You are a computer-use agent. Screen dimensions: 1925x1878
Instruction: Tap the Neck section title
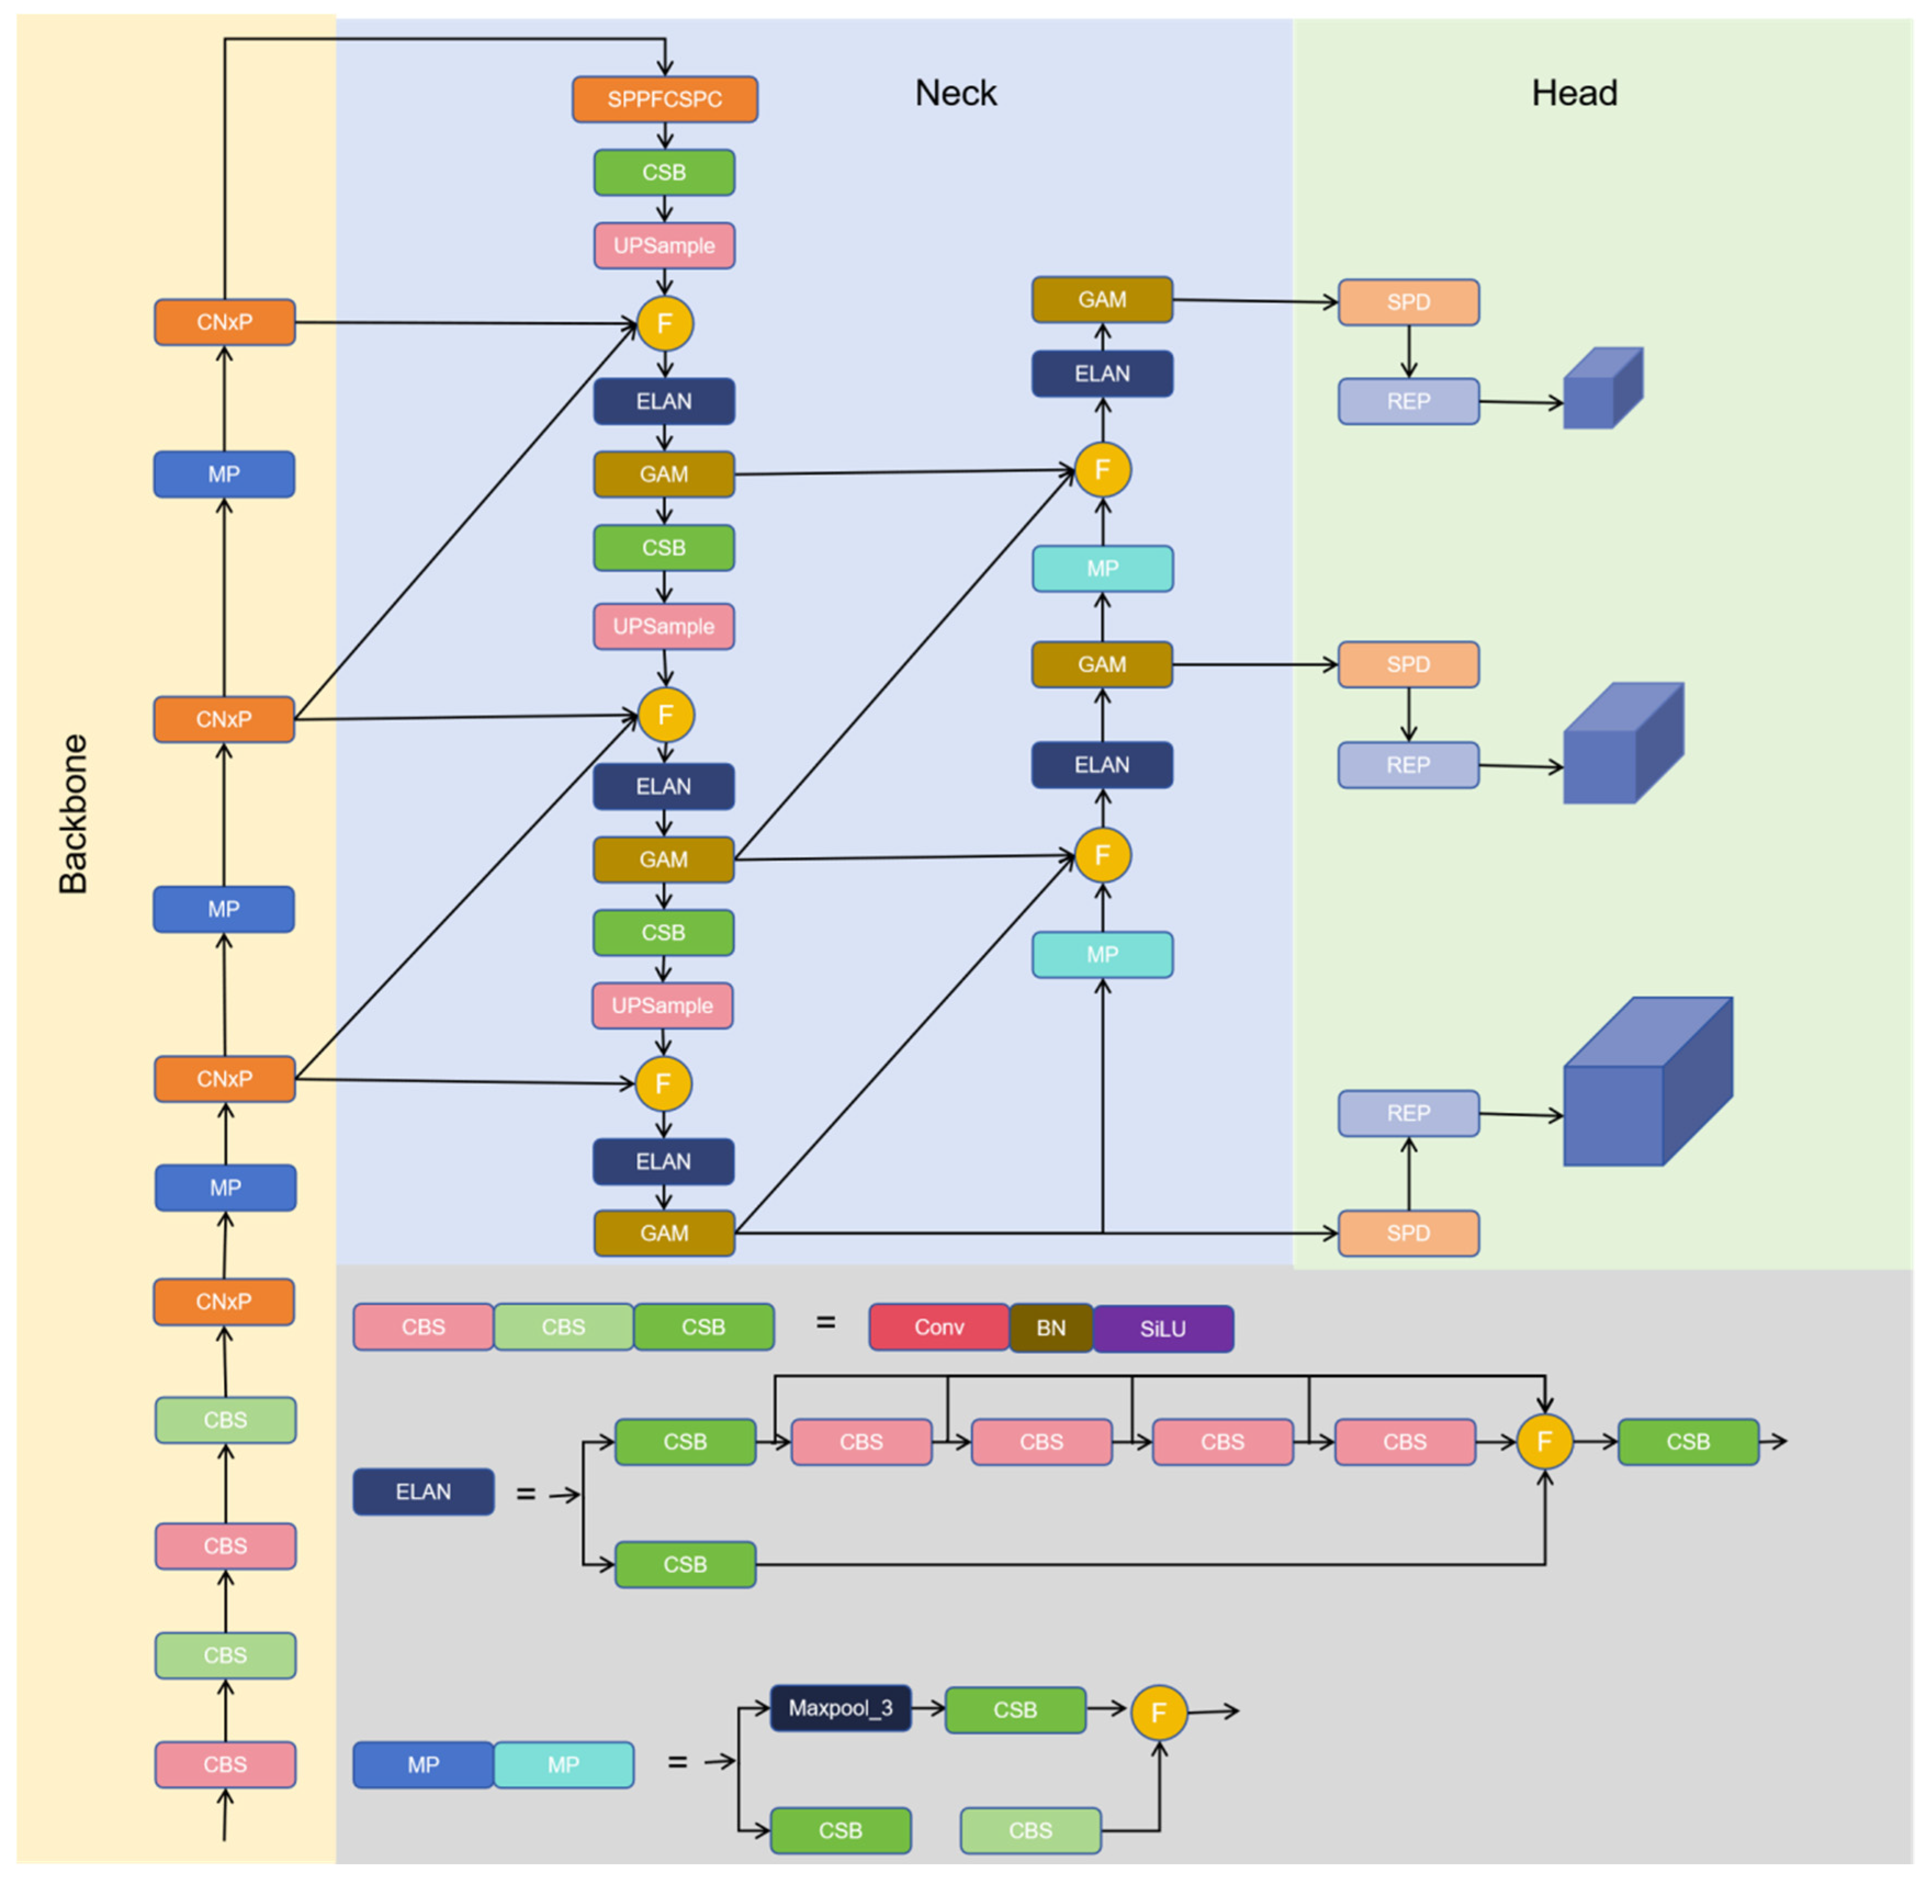coord(956,93)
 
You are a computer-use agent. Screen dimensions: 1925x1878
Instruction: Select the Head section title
coord(1574,93)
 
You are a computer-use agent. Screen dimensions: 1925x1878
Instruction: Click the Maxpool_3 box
coord(840,1707)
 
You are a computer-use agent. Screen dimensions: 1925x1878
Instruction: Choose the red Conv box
coord(939,1328)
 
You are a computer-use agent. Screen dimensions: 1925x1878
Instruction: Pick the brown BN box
coord(1051,1328)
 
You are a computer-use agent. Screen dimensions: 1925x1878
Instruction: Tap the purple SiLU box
coord(1162,1328)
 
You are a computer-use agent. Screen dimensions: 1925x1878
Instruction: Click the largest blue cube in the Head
coord(1648,1081)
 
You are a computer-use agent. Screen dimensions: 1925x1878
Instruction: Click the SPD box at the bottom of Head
coord(1408,1233)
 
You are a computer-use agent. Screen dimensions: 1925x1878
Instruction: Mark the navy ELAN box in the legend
coord(423,1491)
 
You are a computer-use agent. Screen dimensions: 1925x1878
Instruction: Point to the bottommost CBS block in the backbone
coord(225,1764)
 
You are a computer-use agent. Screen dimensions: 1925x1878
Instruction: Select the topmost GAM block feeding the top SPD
coord(1102,300)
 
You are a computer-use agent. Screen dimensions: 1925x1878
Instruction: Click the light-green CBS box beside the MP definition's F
coord(1031,1831)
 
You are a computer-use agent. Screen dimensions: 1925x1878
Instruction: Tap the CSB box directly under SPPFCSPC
coord(664,173)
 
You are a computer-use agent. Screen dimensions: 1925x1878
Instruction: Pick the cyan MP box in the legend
coord(563,1764)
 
